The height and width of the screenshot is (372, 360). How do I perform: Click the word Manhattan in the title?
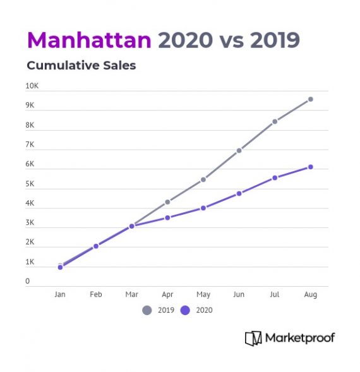point(89,40)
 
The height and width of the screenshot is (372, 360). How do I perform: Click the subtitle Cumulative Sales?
point(81,66)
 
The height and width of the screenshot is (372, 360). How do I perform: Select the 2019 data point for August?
point(311,99)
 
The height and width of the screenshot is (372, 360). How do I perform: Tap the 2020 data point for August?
point(311,167)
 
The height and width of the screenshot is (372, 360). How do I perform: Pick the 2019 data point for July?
point(275,121)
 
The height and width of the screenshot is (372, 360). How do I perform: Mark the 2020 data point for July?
point(275,178)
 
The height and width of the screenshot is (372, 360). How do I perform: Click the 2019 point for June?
point(239,151)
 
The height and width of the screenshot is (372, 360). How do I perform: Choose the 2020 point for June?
point(239,193)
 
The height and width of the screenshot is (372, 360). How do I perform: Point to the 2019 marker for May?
point(203,179)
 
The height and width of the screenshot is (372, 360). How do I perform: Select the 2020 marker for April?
point(167,218)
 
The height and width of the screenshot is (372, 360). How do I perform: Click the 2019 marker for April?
point(167,202)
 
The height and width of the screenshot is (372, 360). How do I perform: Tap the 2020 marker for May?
point(203,208)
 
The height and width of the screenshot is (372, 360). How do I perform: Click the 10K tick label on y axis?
point(32,86)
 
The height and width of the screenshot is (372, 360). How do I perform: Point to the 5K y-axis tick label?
point(30,184)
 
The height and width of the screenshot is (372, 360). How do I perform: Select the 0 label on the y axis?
point(28,282)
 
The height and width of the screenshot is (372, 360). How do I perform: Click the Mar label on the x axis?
point(131,295)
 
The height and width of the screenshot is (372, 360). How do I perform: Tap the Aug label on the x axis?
point(311,295)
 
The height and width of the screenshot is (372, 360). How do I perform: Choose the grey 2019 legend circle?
point(147,310)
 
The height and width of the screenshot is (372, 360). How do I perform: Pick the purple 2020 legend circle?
point(185,310)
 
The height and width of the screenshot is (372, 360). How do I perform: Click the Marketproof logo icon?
point(253,338)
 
